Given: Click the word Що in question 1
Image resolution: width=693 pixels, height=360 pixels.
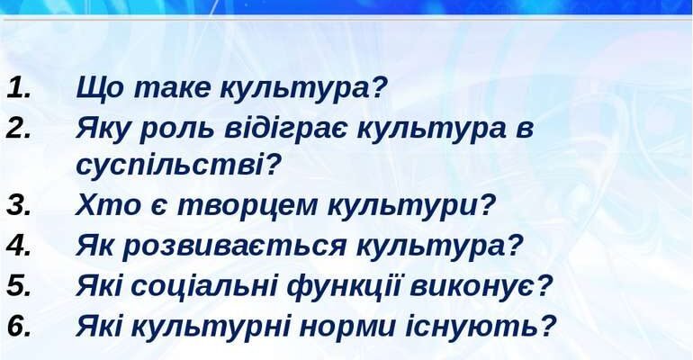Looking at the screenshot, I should tap(98, 88).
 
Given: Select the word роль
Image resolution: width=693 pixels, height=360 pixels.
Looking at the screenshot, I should tap(172, 128).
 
